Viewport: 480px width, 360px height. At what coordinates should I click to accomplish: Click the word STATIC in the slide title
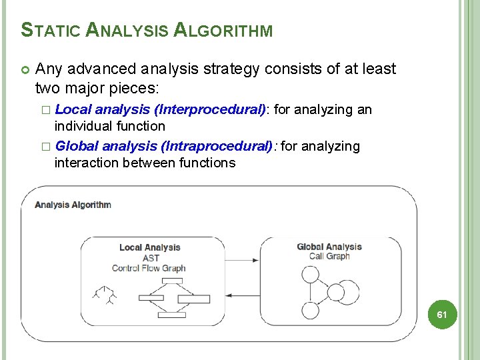(52, 30)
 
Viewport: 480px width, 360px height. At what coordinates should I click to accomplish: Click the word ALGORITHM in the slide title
(223, 30)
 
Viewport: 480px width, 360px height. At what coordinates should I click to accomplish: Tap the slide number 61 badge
(441, 314)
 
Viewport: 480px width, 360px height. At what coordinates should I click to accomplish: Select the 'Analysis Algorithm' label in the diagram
(73, 205)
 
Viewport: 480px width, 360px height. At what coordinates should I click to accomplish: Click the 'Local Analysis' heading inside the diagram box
(149, 247)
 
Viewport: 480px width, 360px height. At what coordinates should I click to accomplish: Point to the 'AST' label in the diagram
(151, 258)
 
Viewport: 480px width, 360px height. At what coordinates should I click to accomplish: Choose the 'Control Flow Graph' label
(149, 268)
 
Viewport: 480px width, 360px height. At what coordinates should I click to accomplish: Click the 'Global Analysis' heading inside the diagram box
(329, 247)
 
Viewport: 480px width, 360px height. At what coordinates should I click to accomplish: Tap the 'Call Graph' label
(329, 256)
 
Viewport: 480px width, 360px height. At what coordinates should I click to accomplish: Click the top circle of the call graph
(311, 275)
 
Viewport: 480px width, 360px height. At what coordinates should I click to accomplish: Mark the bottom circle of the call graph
(311, 310)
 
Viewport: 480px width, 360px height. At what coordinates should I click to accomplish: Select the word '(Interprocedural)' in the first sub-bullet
(210, 109)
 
